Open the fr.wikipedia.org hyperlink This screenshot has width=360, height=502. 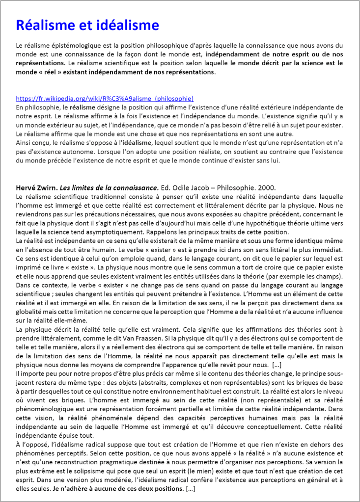[105, 98]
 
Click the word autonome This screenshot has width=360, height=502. [61, 152]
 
